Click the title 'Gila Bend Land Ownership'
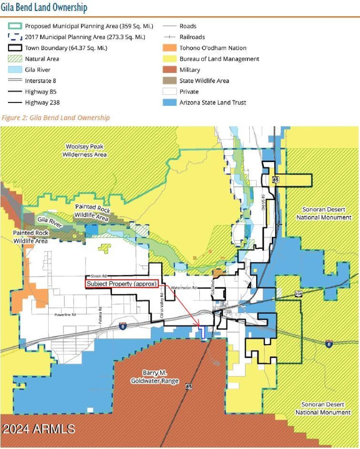click(44, 8)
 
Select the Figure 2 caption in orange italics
click(55, 118)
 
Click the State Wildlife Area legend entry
click(204, 81)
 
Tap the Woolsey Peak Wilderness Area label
click(86, 150)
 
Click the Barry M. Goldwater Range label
click(155, 377)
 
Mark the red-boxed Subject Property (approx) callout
click(121, 284)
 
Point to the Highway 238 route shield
click(298, 293)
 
